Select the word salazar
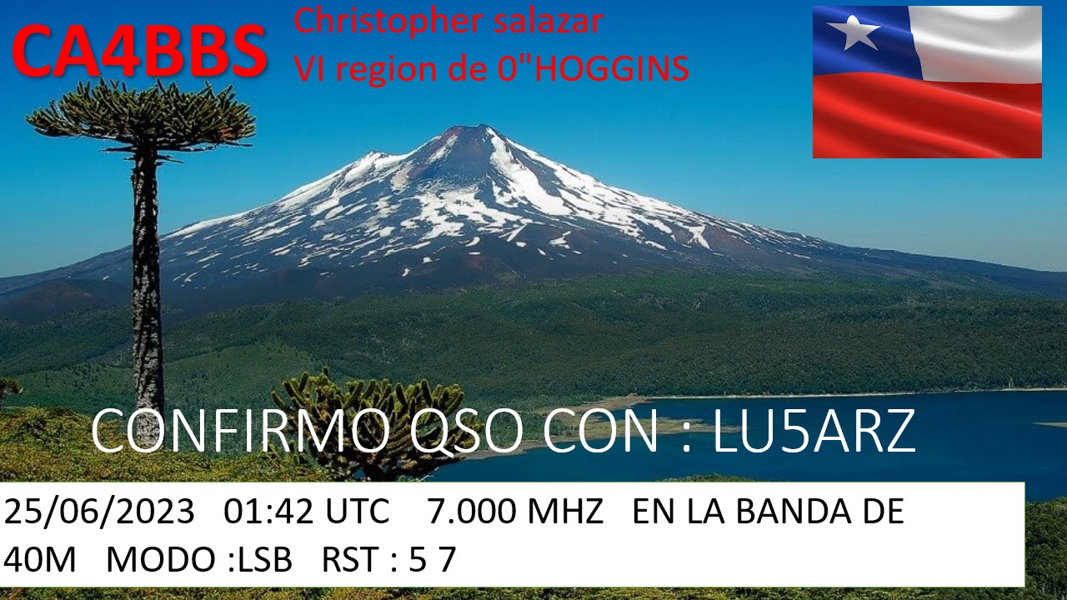click(549, 22)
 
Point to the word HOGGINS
click(614, 68)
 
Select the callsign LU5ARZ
click(814, 432)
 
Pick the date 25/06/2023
click(99, 512)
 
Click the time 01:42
click(268, 512)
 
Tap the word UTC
click(358, 512)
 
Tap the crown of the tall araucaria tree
click(141, 117)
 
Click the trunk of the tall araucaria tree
click(147, 286)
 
